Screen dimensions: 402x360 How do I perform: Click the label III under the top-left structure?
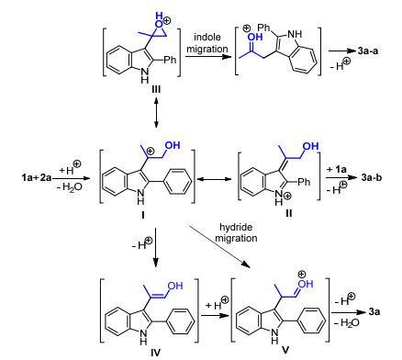[x=156, y=89]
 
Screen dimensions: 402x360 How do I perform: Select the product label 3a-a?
[x=368, y=51]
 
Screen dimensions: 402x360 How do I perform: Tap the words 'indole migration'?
[x=207, y=43]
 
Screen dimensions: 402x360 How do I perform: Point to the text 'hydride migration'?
[x=236, y=232]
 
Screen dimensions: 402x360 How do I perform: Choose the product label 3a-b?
[x=372, y=177]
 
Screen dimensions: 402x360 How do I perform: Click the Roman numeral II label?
[x=289, y=213]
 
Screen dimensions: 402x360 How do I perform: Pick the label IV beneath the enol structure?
[x=155, y=353]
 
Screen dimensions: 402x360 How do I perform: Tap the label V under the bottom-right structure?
[x=285, y=350]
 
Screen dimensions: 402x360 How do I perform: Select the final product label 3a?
[x=374, y=312]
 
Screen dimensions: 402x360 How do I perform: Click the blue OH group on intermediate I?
[x=173, y=145]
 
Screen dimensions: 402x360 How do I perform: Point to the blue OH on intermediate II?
[x=311, y=146]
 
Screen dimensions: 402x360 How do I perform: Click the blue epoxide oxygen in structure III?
[x=159, y=25]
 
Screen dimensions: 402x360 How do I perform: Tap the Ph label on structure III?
[x=170, y=60]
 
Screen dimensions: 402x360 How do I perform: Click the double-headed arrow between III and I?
[x=156, y=112]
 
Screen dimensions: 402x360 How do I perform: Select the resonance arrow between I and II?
[x=214, y=179]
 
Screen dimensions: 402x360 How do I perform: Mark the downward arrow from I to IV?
[x=156, y=247]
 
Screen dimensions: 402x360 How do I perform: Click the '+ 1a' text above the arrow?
[x=337, y=169]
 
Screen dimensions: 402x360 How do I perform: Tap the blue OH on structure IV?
[x=175, y=286]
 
